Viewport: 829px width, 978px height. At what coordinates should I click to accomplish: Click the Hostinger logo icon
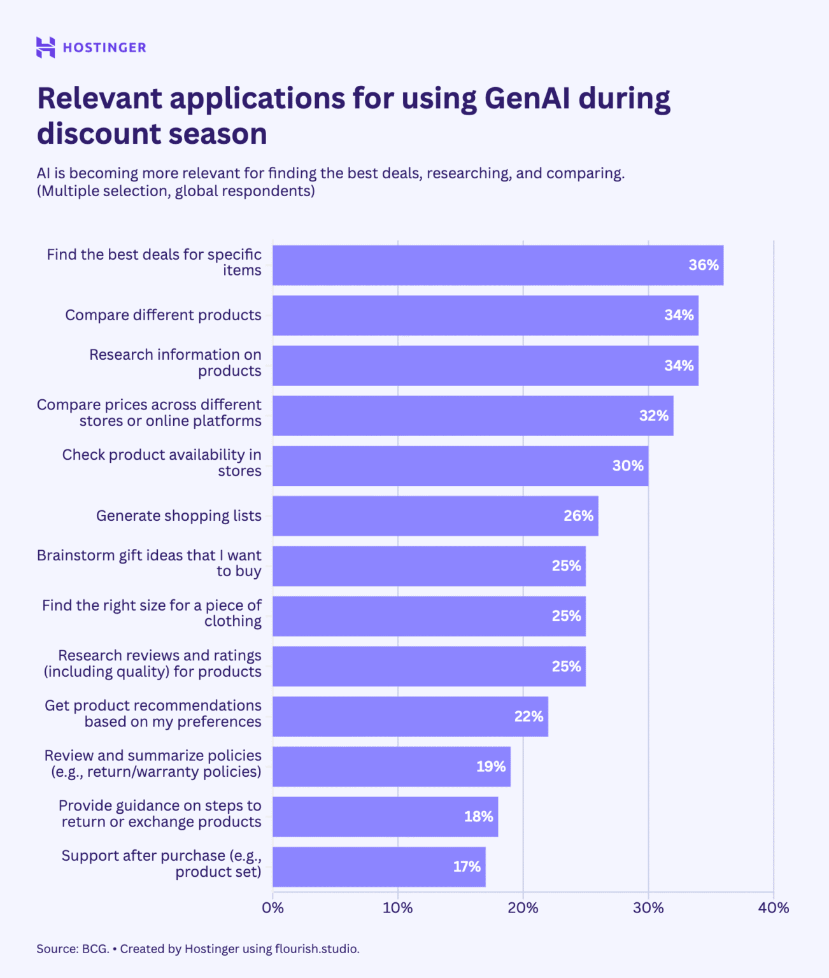45,48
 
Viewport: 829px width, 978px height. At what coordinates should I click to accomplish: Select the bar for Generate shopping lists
435,516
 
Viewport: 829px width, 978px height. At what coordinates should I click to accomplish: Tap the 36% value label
703,265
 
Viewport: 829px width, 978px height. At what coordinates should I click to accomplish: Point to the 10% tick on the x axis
397,908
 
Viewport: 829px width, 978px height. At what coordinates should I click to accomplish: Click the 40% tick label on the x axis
773,908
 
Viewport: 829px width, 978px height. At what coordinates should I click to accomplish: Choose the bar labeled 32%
472,416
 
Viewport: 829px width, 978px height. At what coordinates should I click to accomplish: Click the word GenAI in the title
527,99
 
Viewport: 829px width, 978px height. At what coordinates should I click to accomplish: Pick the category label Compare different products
163,315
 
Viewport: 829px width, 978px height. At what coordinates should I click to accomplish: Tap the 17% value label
467,867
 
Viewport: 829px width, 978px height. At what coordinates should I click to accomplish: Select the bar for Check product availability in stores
460,466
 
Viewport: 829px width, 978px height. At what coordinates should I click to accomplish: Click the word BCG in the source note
95,949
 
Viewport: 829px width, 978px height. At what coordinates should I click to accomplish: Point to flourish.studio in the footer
316,949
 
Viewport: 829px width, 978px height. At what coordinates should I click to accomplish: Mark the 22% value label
528,716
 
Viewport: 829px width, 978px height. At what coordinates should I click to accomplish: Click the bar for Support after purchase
379,867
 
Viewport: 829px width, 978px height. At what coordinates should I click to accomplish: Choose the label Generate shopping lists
178,516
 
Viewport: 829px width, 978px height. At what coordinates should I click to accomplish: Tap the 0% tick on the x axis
273,908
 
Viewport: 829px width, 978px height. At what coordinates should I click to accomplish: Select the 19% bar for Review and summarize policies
391,767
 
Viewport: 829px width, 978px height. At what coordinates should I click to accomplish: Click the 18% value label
478,816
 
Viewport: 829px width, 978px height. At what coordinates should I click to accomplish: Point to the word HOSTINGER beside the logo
104,48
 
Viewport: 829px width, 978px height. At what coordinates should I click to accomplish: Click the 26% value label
578,516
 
